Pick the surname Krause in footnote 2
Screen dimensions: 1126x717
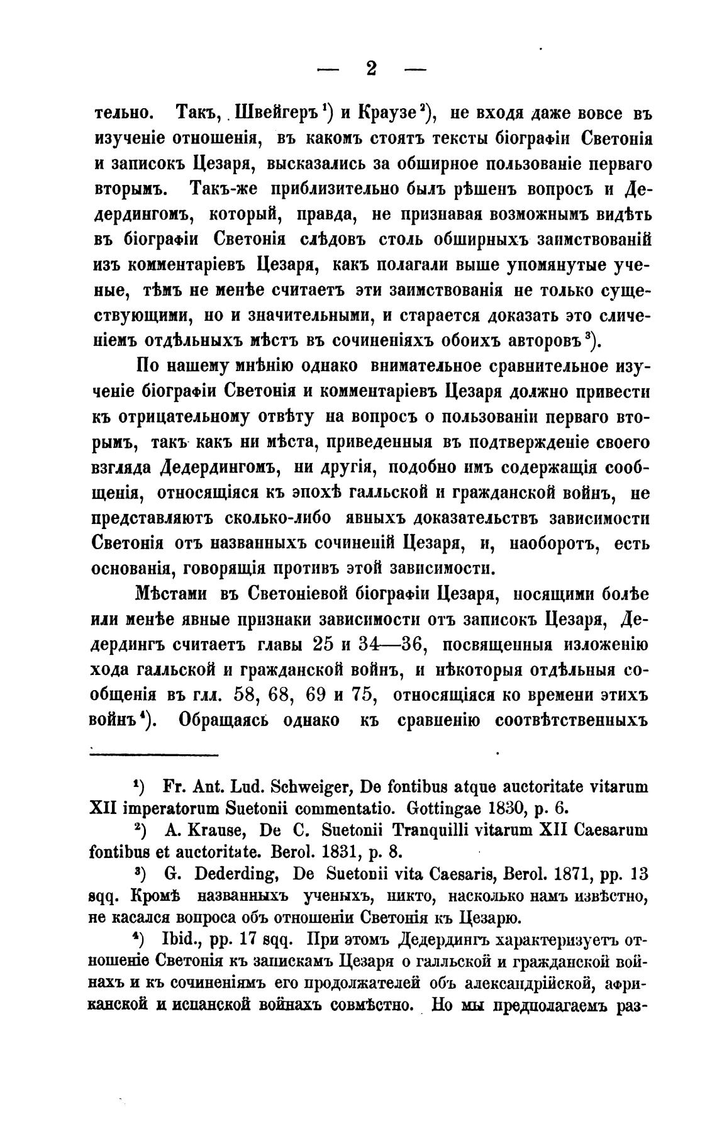pos(208,831)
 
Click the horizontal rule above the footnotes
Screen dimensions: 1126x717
pos(154,755)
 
